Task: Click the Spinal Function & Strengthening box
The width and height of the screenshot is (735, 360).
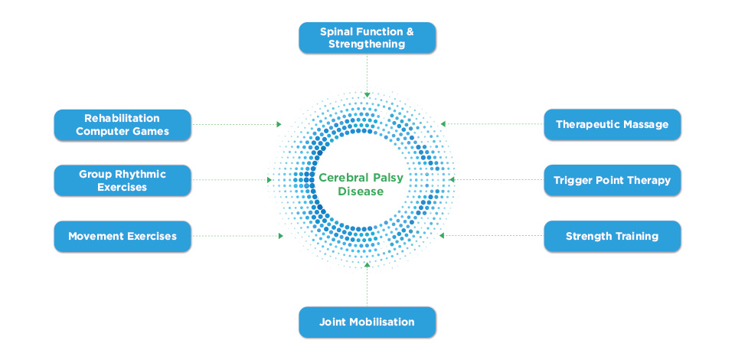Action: [x=367, y=38]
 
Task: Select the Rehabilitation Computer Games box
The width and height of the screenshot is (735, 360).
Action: [x=122, y=125]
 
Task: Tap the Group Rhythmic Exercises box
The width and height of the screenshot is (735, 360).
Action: [x=122, y=181]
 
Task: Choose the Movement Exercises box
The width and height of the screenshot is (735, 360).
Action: [x=122, y=236]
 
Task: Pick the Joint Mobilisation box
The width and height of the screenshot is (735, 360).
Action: [x=367, y=322]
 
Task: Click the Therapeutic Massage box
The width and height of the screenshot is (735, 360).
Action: [x=612, y=125]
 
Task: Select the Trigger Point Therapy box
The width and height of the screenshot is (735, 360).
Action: [x=612, y=180]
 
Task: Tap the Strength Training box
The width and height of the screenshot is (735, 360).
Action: [x=612, y=236]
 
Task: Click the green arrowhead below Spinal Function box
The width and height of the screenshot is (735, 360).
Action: [x=367, y=95]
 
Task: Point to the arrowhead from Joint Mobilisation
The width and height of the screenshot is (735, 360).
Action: [x=367, y=265]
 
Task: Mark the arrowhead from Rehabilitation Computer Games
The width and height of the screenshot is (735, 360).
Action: [x=279, y=124]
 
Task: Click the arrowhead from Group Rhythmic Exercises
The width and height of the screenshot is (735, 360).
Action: [x=269, y=179]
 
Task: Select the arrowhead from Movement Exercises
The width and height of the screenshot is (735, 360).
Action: [x=281, y=236]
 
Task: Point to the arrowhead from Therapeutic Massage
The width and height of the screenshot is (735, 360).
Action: [x=443, y=124]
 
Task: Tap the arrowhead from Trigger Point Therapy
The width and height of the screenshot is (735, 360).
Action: [x=452, y=179]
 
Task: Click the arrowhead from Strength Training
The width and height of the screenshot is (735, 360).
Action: [x=442, y=235]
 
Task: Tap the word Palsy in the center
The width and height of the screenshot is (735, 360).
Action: [x=387, y=178]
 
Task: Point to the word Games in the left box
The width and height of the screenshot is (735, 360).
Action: [x=152, y=132]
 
